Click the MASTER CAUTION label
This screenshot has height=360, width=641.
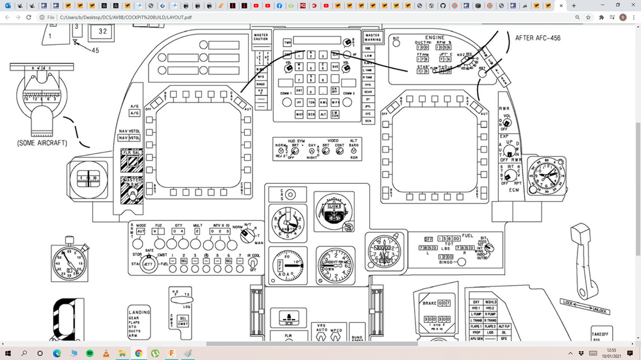pos(261,37)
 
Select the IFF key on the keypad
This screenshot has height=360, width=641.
pos(299,102)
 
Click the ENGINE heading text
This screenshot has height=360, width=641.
pos(434,38)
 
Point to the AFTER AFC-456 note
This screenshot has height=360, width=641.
pos(537,38)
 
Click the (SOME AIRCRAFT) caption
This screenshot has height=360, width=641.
pos(42,143)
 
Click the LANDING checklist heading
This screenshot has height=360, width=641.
pos(139,313)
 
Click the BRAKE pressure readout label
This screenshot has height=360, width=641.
pos(428,302)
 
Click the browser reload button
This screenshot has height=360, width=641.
pos(29,17)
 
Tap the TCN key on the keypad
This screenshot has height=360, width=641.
pos(311,102)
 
